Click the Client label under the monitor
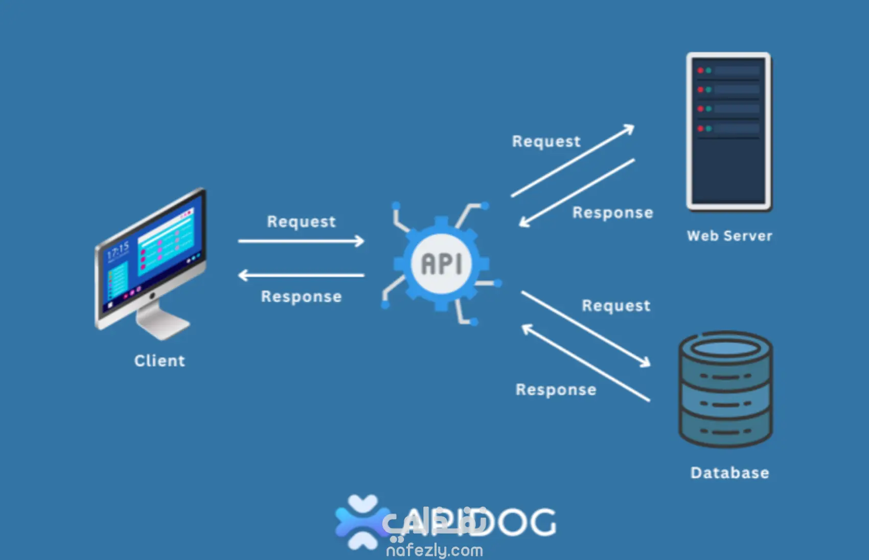click(159, 360)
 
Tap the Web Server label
click(729, 236)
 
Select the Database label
click(729, 473)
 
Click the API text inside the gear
click(442, 264)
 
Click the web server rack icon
click(728, 131)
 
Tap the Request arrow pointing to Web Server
click(573, 161)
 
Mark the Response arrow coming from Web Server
click(577, 192)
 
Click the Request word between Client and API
click(301, 222)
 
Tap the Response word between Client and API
click(301, 297)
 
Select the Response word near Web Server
click(612, 212)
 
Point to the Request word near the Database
click(616, 306)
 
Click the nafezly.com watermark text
click(435, 550)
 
